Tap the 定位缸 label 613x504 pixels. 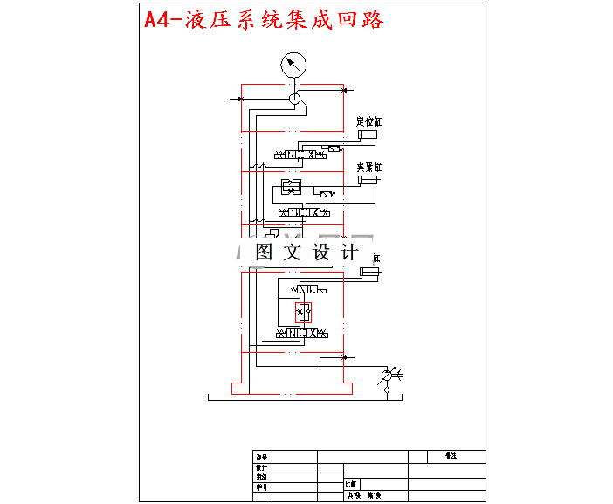point(369,121)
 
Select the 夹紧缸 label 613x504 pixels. point(369,166)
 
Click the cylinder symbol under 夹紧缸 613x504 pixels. point(368,180)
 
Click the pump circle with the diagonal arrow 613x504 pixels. point(387,377)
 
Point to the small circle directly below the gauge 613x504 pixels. point(295,100)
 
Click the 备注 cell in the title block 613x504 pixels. point(451,456)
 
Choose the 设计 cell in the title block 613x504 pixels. point(261,467)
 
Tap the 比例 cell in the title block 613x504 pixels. point(351,483)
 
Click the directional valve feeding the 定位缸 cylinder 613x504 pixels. point(302,155)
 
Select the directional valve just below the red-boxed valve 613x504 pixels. point(302,334)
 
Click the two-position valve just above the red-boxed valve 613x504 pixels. point(306,289)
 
